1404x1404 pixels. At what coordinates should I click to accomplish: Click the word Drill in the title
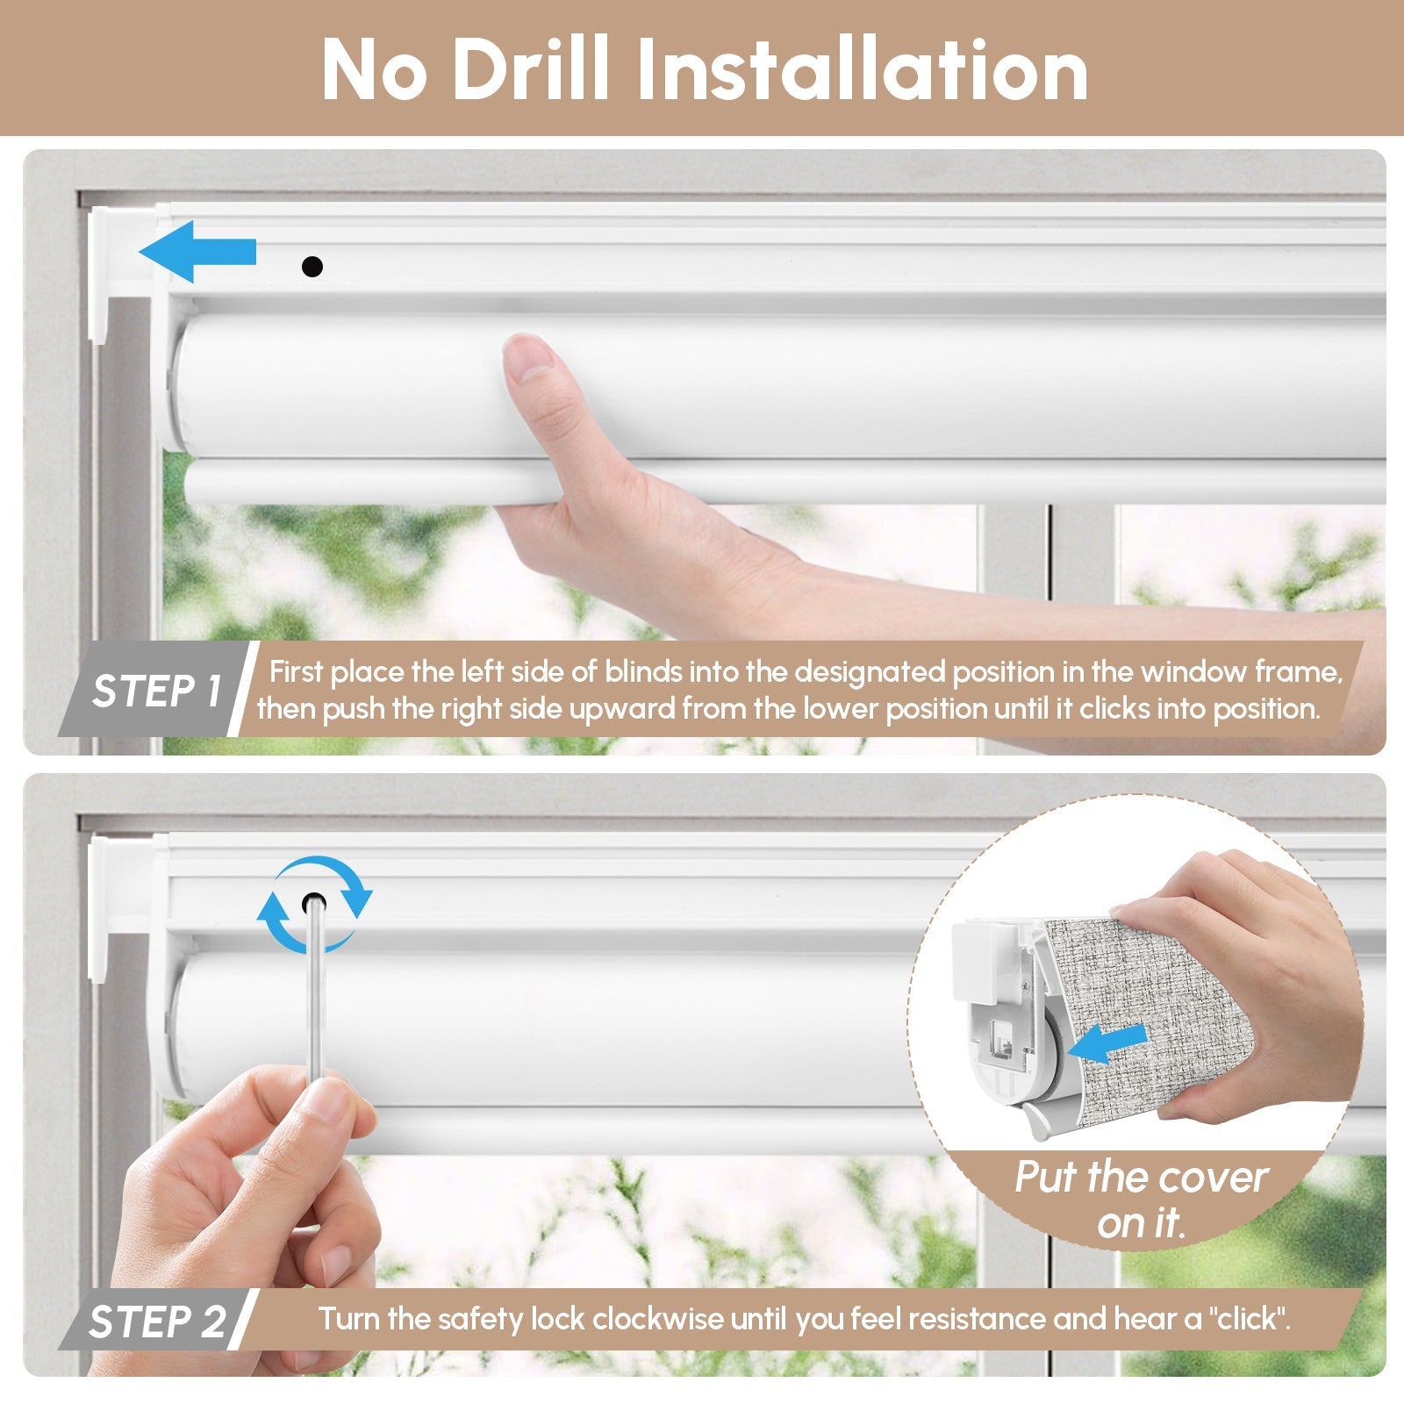pyautogui.click(x=530, y=70)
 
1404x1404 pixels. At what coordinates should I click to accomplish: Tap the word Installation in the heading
pyautogui.click(x=862, y=70)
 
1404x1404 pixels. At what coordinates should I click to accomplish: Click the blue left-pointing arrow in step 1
pyautogui.click(x=197, y=252)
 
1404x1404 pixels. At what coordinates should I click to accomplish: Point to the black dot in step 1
pyautogui.click(x=312, y=266)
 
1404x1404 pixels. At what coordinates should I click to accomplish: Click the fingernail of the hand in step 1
pyautogui.click(x=529, y=357)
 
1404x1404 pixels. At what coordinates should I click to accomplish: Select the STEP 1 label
pyautogui.click(x=156, y=691)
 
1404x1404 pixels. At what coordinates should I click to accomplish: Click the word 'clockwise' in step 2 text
pyautogui.click(x=658, y=1319)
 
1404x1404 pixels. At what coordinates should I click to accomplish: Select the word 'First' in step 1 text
pyautogui.click(x=297, y=672)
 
